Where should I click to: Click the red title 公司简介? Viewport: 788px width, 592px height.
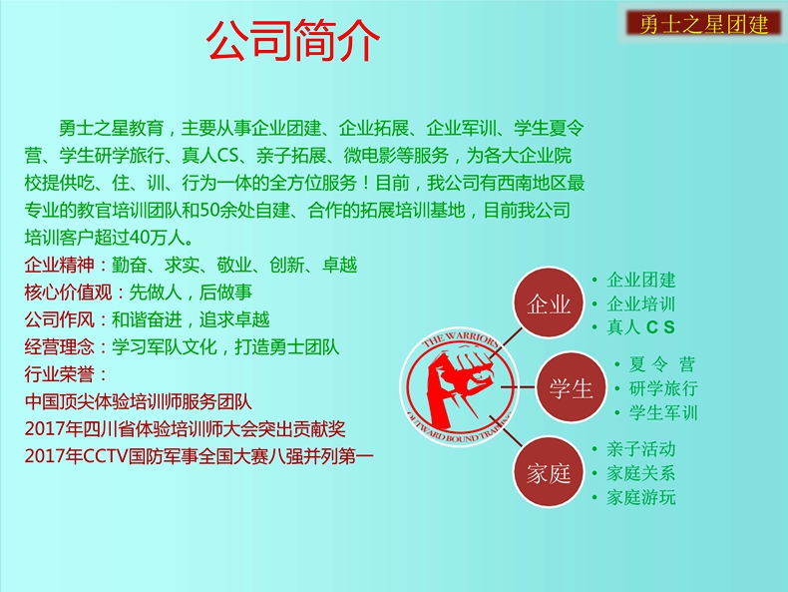(x=293, y=40)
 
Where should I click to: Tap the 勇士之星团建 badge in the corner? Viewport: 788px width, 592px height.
(x=703, y=24)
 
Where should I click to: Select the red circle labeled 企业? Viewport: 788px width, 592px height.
(x=549, y=302)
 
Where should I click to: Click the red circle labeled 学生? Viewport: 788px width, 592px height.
(x=571, y=387)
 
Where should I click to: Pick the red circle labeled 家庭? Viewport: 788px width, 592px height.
(x=549, y=472)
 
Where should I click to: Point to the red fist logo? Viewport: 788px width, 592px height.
(x=458, y=386)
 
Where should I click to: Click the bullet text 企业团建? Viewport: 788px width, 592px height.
(x=640, y=280)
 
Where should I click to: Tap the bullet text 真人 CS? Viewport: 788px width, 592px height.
(x=640, y=327)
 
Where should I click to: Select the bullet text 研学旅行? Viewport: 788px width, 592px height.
(x=663, y=388)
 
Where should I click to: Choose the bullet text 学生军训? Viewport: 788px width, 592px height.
(x=663, y=412)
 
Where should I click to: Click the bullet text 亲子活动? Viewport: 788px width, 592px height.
(x=640, y=448)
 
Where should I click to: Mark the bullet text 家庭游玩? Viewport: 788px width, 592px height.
(x=640, y=497)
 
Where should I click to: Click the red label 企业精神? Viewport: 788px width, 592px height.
(x=59, y=265)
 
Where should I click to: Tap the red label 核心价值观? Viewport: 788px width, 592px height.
(x=68, y=293)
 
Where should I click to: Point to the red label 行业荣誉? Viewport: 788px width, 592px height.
(x=59, y=374)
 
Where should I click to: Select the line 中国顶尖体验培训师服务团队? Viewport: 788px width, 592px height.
(x=139, y=402)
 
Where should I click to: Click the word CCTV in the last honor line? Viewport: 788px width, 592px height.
(x=105, y=456)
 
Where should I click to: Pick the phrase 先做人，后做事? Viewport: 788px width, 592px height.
(x=191, y=293)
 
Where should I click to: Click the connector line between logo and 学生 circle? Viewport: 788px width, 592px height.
(x=518, y=387)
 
